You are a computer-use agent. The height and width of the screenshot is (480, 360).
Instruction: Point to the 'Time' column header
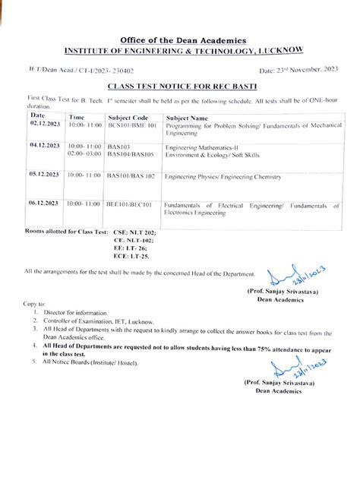click(77, 118)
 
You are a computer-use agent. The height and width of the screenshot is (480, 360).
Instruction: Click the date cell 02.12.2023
click(44, 125)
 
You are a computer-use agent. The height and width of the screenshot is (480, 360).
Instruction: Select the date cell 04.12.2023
click(44, 144)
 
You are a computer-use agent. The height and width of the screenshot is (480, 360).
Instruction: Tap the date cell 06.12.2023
click(44, 204)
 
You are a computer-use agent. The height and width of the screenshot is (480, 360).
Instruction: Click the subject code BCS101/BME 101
click(131, 125)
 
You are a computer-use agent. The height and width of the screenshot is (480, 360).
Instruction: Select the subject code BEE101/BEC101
click(130, 204)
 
